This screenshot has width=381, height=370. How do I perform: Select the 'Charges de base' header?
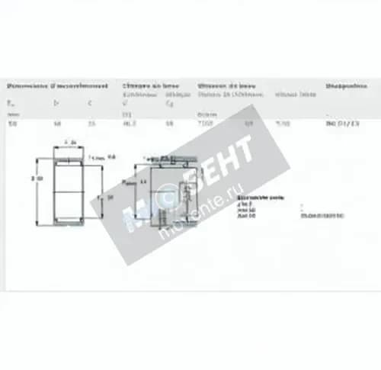tap(149, 86)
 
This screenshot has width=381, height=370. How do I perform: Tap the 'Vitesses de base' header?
tap(226, 86)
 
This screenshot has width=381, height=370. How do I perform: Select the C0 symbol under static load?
tap(169, 102)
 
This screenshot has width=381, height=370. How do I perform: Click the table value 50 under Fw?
tap(11, 123)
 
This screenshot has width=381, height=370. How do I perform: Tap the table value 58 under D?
tap(56, 123)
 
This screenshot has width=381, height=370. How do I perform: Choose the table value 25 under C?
tap(91, 123)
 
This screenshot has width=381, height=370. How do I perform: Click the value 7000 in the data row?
tap(207, 123)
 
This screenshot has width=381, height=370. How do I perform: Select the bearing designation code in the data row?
tap(344, 123)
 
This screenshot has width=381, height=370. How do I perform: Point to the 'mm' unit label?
tap(11, 113)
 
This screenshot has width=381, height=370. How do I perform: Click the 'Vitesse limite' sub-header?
tap(285, 95)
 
